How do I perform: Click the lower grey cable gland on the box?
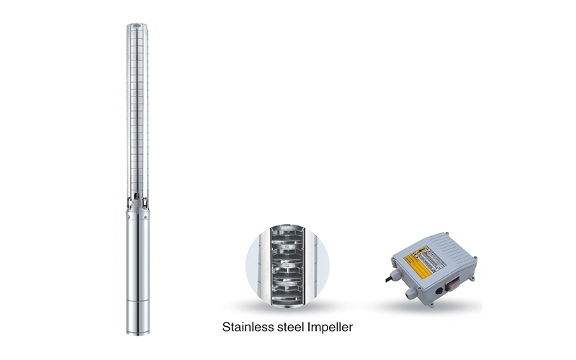point(410,292)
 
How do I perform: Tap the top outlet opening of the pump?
point(137,27)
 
